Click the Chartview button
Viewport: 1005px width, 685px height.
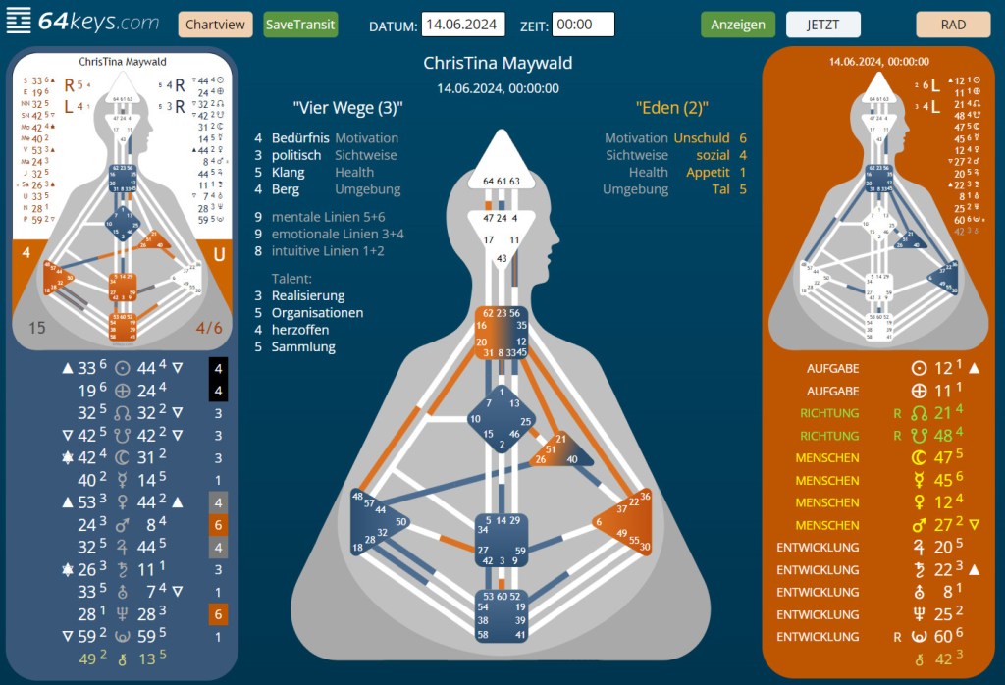point(215,25)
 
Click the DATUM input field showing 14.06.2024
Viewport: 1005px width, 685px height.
point(462,25)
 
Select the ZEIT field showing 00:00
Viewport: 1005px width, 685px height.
point(583,25)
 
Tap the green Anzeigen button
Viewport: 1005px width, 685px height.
point(738,25)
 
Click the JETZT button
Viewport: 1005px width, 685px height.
point(822,25)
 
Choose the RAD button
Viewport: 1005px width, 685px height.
point(953,25)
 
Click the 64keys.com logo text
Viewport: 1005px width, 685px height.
point(99,22)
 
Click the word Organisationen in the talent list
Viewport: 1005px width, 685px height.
point(317,313)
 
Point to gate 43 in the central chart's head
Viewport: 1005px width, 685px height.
point(502,257)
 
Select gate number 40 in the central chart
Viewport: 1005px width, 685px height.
point(573,458)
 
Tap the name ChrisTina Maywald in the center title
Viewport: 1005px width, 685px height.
point(498,64)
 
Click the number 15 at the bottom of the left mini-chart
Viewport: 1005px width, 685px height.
point(36,327)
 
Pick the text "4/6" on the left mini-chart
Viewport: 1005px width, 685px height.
point(209,327)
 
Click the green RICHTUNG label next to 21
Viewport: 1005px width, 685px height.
point(829,413)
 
